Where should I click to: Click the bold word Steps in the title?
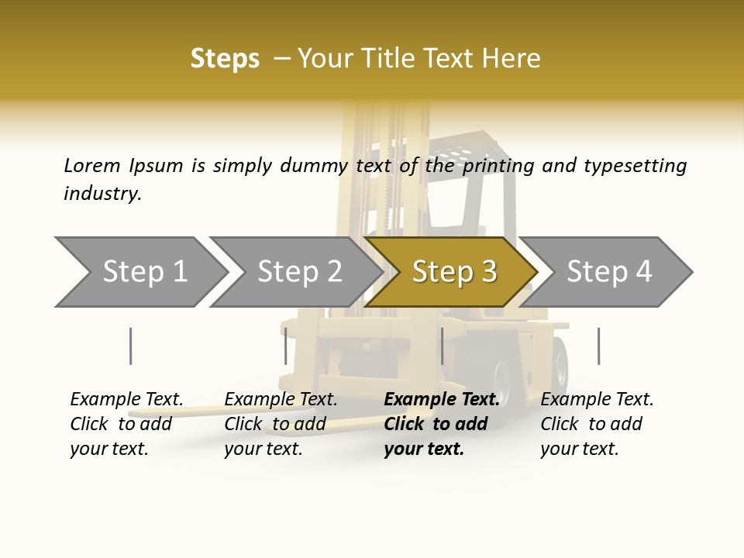click(x=225, y=59)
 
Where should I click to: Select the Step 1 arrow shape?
click(x=139, y=272)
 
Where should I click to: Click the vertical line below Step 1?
click(x=130, y=346)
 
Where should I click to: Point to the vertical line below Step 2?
click(x=286, y=346)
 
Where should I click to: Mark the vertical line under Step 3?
click(x=442, y=346)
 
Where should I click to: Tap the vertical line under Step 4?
click(x=598, y=346)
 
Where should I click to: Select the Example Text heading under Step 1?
click(x=127, y=399)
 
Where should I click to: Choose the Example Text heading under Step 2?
click(x=281, y=399)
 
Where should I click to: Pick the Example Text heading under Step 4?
click(x=598, y=399)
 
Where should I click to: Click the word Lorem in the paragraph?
click(x=92, y=165)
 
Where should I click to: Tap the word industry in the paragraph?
click(x=102, y=193)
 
